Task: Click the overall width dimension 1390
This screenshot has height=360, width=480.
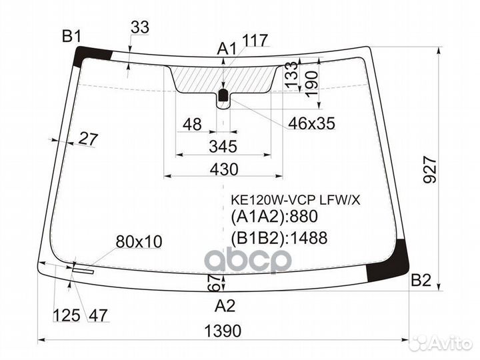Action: tap(223, 331)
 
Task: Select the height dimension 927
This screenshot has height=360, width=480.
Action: tap(429, 169)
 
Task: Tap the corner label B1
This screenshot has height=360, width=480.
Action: tap(71, 37)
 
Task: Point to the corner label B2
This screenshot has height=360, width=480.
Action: tap(421, 280)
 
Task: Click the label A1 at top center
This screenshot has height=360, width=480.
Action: tap(227, 49)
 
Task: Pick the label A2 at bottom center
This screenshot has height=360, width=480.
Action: tap(225, 305)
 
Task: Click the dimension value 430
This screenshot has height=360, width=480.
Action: tap(224, 169)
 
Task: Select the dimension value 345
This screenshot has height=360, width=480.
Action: tap(223, 146)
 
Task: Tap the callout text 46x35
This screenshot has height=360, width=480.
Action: tap(311, 123)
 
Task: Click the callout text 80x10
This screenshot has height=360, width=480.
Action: tap(139, 242)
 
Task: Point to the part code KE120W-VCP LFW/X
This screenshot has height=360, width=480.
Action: tap(295, 201)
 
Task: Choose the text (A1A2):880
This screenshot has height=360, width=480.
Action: tap(274, 217)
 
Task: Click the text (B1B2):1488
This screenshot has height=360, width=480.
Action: tap(279, 238)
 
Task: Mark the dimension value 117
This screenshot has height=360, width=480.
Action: tap(255, 40)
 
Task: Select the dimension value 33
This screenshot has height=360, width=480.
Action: tap(140, 27)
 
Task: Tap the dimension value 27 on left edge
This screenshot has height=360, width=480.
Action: tap(88, 139)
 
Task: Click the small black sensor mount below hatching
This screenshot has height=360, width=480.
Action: tap(223, 95)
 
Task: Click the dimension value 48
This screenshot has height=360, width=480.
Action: tap(192, 125)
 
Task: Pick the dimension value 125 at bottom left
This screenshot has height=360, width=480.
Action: tap(67, 315)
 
